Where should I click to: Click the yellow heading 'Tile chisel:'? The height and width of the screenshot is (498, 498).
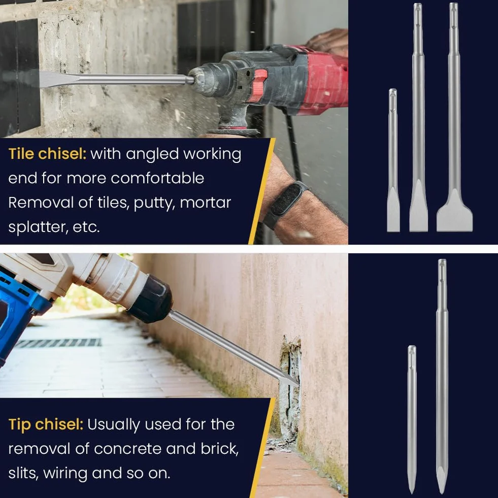point(47,154)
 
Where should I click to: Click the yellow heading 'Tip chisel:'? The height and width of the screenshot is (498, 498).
point(46,424)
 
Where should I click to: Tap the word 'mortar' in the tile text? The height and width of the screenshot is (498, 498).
point(205,203)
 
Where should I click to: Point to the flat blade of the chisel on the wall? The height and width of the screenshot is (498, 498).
point(57,79)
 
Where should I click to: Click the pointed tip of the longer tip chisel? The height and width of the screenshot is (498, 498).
point(442,491)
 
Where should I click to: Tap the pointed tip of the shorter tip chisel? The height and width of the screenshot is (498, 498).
point(412,489)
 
